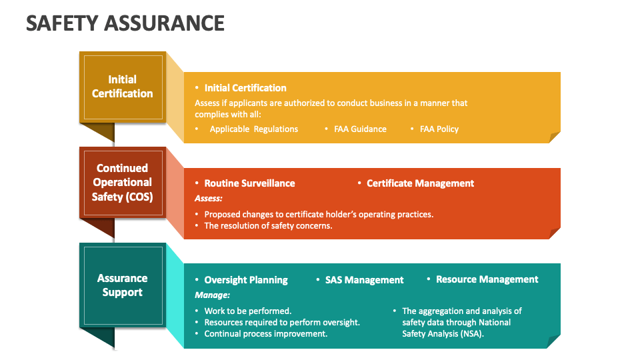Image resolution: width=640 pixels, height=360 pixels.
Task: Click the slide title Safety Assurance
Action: pos(125,23)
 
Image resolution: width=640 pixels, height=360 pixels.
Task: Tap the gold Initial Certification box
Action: pos(122,87)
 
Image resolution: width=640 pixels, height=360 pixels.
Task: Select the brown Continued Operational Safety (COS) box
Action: pos(122,183)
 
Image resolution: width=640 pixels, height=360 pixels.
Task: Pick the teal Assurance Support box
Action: pos(122,285)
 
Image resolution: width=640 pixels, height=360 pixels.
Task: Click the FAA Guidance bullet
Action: pos(360,129)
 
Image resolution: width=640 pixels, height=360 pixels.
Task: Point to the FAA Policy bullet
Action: pos(439,129)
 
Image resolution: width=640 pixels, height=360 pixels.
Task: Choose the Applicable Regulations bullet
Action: pos(254,129)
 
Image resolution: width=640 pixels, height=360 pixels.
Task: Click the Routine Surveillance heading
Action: pos(249,183)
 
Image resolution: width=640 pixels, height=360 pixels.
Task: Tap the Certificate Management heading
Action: pos(420,183)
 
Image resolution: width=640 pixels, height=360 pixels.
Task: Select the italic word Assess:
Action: pos(209,199)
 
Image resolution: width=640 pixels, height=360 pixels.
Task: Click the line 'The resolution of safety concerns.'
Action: pos(268,225)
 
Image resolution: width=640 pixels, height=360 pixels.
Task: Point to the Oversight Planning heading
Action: pos(246,280)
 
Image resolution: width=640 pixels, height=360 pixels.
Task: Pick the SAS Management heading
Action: pos(364,280)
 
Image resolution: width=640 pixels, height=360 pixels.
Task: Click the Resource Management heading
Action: pos(487,279)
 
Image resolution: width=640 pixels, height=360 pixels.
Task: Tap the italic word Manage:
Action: pos(212,295)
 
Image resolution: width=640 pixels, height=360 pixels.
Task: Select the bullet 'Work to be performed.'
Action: pos(247,311)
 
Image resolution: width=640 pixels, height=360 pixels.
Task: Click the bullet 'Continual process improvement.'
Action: pos(265,333)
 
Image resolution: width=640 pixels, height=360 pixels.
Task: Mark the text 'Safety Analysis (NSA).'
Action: pos(443,333)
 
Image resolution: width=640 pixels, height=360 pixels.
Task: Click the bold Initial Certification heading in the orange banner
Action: pos(245,88)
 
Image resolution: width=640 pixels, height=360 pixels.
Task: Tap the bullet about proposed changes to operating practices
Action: pos(319,214)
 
